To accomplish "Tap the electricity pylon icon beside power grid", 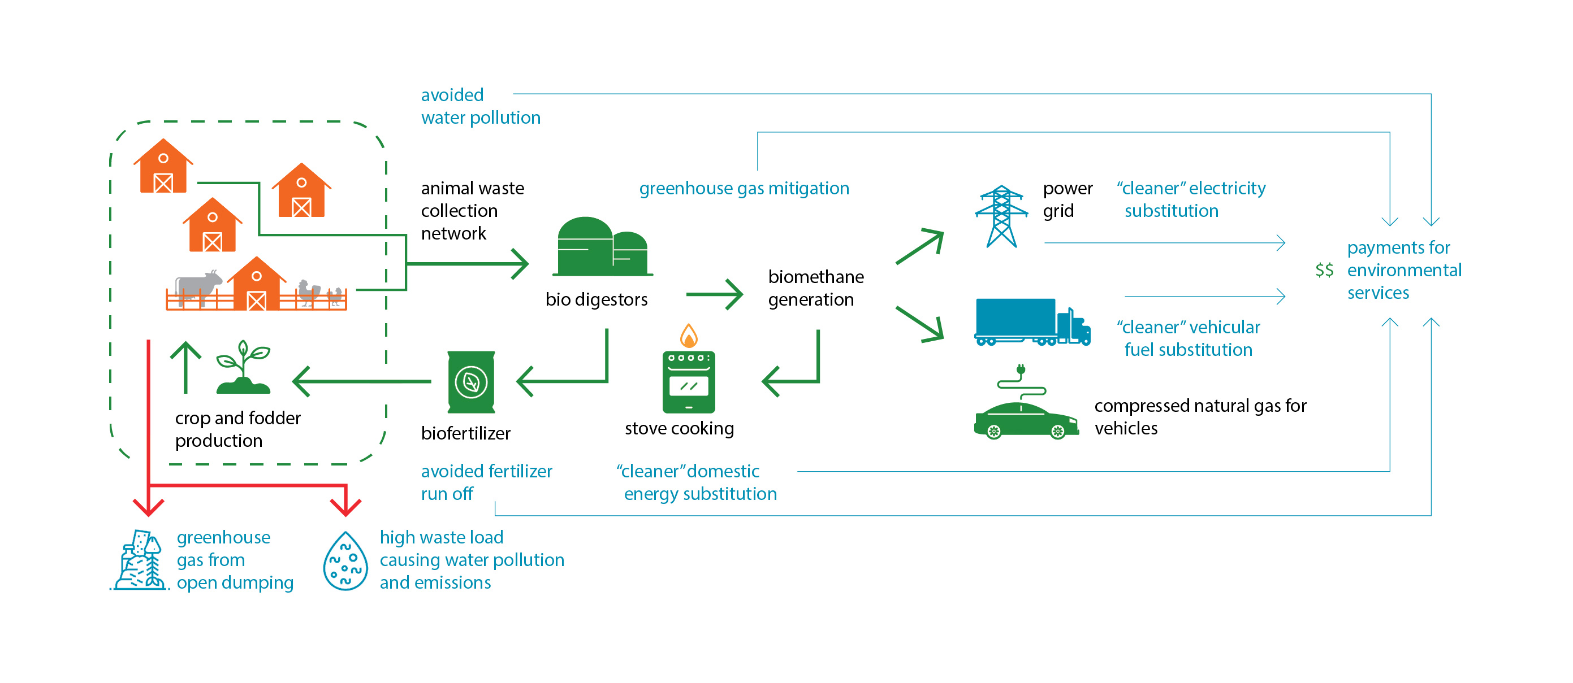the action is [x=1001, y=217].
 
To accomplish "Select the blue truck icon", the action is [x=1032, y=321].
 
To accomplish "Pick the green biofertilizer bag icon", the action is [x=471, y=382].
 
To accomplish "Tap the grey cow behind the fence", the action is [x=198, y=286].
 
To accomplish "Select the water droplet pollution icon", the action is [x=345, y=561].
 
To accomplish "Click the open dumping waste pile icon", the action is [x=140, y=560].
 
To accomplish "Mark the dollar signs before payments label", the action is [x=1324, y=270].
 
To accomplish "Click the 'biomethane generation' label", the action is [x=816, y=288].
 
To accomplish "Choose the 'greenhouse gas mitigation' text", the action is [x=744, y=188].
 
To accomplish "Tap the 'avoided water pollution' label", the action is [x=481, y=106].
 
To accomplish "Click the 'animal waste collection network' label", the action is [x=472, y=211].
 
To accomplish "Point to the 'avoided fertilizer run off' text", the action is [x=486, y=482].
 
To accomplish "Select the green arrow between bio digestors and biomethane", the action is [x=715, y=294].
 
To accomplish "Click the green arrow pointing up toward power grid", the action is [x=919, y=246].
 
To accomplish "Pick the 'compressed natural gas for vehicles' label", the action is [x=1200, y=417].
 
